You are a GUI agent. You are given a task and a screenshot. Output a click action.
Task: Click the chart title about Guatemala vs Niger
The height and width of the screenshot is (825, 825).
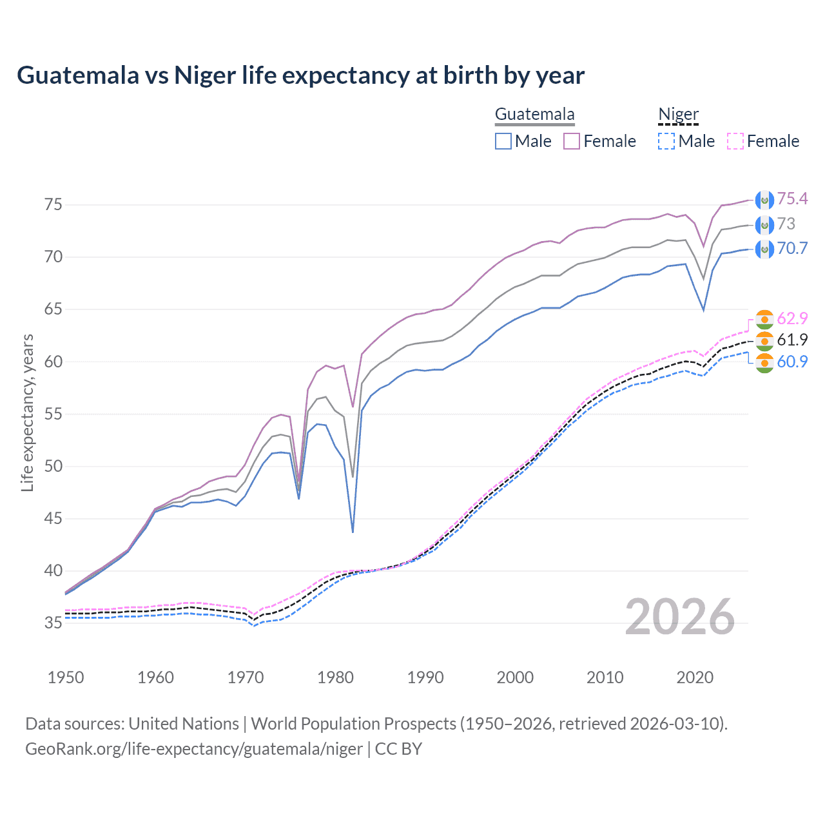(x=300, y=75)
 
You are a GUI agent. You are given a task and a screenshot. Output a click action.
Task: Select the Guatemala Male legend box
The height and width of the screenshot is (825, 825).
(x=503, y=141)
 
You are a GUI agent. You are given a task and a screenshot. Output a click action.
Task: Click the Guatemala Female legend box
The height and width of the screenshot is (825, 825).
(x=572, y=141)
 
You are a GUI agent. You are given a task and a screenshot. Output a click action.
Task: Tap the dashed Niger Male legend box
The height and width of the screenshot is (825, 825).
(x=666, y=141)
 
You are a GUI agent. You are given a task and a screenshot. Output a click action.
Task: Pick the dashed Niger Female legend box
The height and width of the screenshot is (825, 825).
(x=735, y=141)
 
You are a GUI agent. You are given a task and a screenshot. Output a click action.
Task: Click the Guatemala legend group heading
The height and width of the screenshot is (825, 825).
(x=534, y=115)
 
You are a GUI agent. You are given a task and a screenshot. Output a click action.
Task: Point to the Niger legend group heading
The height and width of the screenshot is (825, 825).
(x=678, y=115)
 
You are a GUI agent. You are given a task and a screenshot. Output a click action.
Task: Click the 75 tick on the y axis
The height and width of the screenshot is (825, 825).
(x=53, y=205)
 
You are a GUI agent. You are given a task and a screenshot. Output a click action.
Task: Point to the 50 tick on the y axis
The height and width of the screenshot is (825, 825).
(x=53, y=466)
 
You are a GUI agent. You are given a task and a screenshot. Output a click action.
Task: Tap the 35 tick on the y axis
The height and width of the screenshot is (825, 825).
(x=53, y=623)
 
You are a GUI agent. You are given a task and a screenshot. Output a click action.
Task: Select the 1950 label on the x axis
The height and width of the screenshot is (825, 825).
(x=66, y=677)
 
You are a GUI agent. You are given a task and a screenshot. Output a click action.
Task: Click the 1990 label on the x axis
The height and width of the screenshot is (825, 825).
(x=425, y=677)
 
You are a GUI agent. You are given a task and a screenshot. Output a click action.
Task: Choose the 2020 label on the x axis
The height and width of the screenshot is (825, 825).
(x=695, y=677)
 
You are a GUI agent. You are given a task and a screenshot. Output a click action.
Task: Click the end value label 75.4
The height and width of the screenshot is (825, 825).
(x=792, y=199)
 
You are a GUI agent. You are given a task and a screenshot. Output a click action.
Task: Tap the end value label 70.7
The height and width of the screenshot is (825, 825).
(x=792, y=249)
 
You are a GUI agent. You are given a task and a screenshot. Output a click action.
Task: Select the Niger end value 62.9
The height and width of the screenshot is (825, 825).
(x=792, y=318)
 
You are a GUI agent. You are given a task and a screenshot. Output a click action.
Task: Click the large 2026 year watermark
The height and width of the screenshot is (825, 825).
(x=680, y=617)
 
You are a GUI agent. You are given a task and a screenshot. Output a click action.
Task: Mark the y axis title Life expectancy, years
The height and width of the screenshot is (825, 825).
(x=28, y=412)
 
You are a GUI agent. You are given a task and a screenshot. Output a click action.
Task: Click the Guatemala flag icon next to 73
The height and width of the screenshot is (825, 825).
(x=764, y=225)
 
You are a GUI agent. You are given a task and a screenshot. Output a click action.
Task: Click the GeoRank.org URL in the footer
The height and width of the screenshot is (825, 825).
(x=193, y=749)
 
